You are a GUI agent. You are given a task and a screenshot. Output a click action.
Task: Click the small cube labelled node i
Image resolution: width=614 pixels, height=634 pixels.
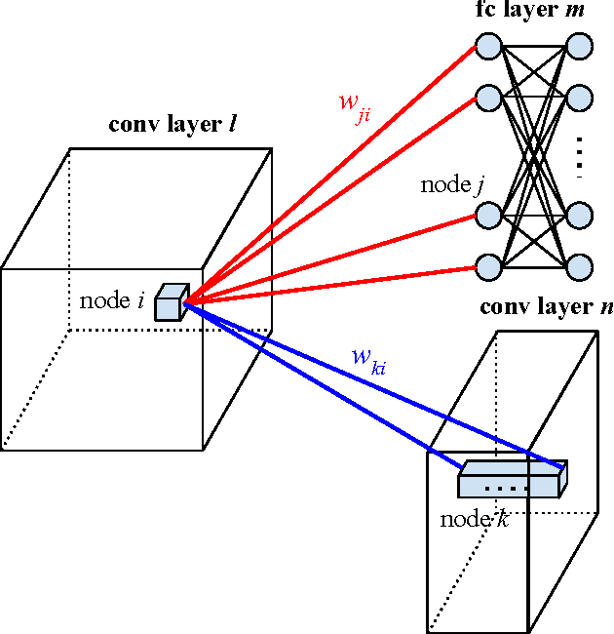pos(170,302)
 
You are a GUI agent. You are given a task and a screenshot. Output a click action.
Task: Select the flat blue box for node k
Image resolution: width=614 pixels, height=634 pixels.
pos(510,479)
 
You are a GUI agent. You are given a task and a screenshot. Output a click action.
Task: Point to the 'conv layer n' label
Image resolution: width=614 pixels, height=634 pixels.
pos(547,307)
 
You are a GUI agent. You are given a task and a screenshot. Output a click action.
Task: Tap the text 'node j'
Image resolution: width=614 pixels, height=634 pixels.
pos(452,184)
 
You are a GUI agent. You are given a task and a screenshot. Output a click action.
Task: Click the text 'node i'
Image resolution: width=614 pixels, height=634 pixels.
pos(111,300)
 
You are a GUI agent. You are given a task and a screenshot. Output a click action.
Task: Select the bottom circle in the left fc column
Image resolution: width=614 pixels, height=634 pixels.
pos(487,265)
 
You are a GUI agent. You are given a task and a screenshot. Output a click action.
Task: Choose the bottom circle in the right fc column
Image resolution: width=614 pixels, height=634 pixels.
pos(579,265)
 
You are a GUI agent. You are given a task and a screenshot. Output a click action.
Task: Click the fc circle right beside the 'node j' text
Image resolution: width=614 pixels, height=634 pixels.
pos(487,214)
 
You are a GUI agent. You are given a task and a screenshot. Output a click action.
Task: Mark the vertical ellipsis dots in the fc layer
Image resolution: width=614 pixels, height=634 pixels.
pos(579,156)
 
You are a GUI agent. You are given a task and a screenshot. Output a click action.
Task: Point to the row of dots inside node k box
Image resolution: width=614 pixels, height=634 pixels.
pos(507,485)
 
